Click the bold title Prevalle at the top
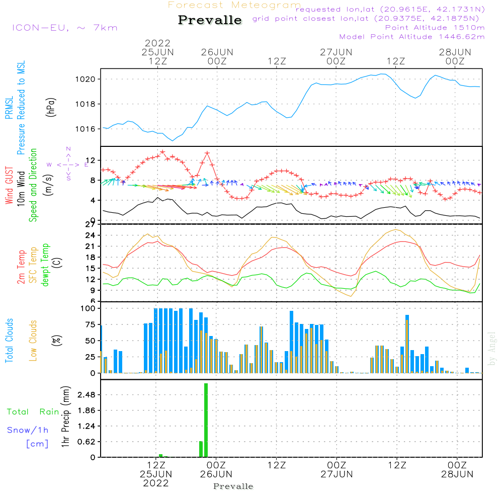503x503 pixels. [210, 20]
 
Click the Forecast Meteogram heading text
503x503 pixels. [234, 6]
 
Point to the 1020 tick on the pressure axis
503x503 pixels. [88, 79]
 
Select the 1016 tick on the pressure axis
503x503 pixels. [88, 129]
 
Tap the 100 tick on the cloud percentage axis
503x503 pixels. [88, 308]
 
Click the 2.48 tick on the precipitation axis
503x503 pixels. [87, 395]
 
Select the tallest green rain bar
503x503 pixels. [206, 420]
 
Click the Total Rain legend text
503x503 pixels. [33, 412]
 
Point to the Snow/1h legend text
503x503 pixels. [28, 430]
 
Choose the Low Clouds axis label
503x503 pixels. [34, 340]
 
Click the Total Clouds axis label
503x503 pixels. [10, 340]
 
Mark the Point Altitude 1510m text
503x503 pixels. [435, 28]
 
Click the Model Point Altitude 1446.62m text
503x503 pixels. [412, 37]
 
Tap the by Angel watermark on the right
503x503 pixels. [492, 349]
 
